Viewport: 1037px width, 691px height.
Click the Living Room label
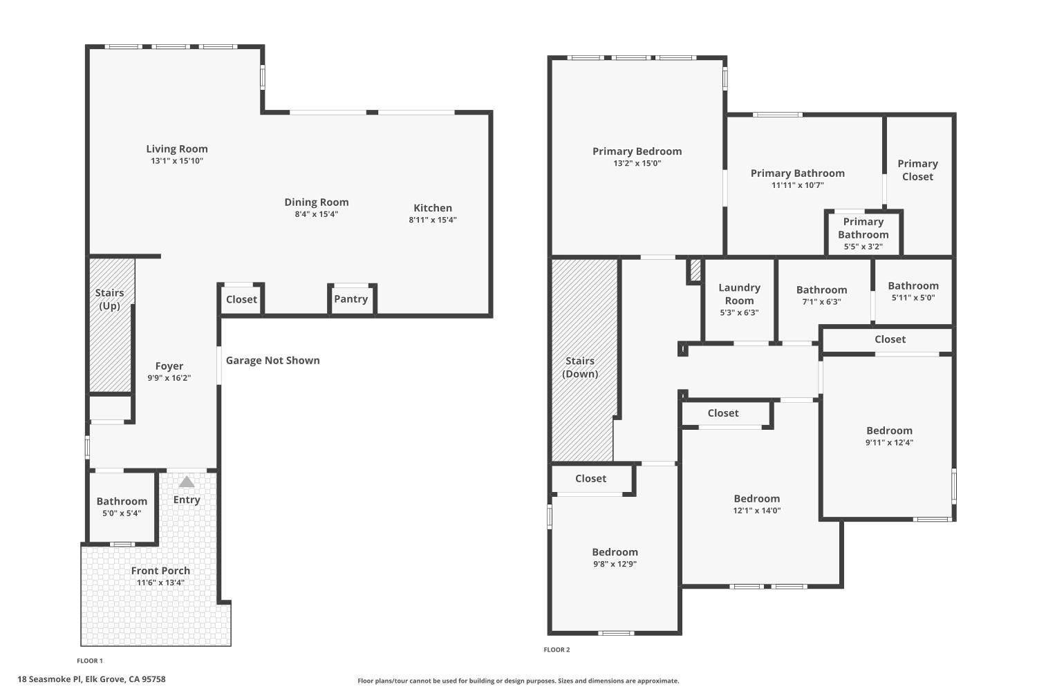pyautogui.click(x=177, y=149)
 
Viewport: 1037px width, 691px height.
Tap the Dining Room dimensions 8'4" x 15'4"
pyautogui.click(x=317, y=214)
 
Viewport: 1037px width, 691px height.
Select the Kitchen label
pyautogui.click(x=433, y=208)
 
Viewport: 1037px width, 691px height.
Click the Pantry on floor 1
pyautogui.click(x=351, y=299)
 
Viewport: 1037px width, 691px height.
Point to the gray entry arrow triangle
pyautogui.click(x=187, y=482)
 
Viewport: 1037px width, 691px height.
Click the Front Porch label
pyautogui.click(x=160, y=571)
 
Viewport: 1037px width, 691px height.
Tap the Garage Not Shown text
pyautogui.click(x=273, y=360)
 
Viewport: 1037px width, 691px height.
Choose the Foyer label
pyautogui.click(x=169, y=366)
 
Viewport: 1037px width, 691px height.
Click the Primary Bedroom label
pyautogui.click(x=637, y=151)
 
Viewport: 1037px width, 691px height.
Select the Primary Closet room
pyautogui.click(x=917, y=170)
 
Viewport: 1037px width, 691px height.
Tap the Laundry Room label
pyautogui.click(x=739, y=294)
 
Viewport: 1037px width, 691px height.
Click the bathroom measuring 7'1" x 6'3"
pyautogui.click(x=821, y=295)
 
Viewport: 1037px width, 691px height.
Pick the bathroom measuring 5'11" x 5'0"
pyautogui.click(x=913, y=291)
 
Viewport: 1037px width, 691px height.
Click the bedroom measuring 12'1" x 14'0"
pyautogui.click(x=757, y=504)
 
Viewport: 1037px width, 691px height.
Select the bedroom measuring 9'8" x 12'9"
pyautogui.click(x=615, y=557)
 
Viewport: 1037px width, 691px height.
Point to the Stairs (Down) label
pyautogui.click(x=580, y=368)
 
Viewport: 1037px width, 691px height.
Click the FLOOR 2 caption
pyautogui.click(x=557, y=650)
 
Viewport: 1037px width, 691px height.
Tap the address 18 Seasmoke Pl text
pyautogui.click(x=91, y=679)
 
